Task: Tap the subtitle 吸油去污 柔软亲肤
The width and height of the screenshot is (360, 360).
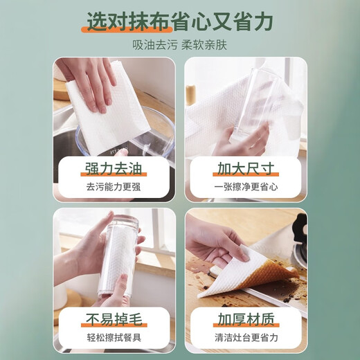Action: (179, 47)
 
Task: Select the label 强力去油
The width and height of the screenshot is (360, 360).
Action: (111, 168)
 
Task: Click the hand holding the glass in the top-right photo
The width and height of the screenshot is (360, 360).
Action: (239, 138)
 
